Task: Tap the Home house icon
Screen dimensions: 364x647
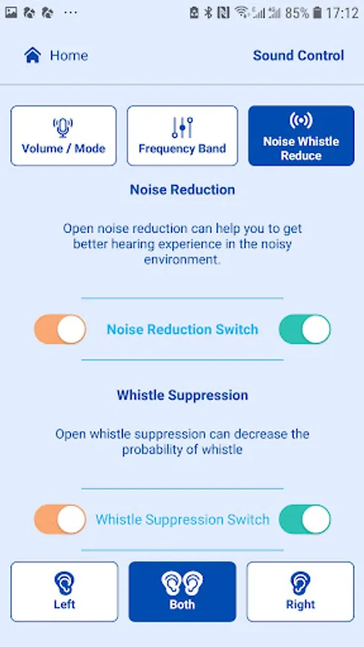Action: (x=32, y=55)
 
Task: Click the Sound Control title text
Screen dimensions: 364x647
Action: (x=299, y=55)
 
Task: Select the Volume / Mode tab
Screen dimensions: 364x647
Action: (x=63, y=136)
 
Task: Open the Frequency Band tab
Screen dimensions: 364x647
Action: (x=183, y=136)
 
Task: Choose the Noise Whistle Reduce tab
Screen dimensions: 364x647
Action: (x=301, y=136)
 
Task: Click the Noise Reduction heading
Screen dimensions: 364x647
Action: (x=183, y=189)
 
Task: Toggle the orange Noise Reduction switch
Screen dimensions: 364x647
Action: (x=60, y=329)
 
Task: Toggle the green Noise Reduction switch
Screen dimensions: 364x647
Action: (x=305, y=329)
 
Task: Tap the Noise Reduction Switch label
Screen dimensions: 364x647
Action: (x=183, y=329)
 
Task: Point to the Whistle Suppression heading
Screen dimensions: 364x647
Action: (x=183, y=395)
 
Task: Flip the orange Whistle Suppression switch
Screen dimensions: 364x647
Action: (x=60, y=519)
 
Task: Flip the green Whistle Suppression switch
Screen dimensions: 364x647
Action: (x=305, y=519)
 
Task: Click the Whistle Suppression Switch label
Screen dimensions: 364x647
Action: (x=183, y=519)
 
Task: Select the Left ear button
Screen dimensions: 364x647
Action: (x=64, y=592)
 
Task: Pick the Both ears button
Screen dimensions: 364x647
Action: (x=183, y=592)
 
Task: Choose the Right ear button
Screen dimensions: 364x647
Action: (x=301, y=592)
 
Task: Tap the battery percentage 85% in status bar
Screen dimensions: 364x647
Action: (x=296, y=13)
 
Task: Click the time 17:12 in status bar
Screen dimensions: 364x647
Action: (x=342, y=13)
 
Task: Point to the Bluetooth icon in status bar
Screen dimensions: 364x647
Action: (x=209, y=13)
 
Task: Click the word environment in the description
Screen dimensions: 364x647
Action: (x=182, y=260)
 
